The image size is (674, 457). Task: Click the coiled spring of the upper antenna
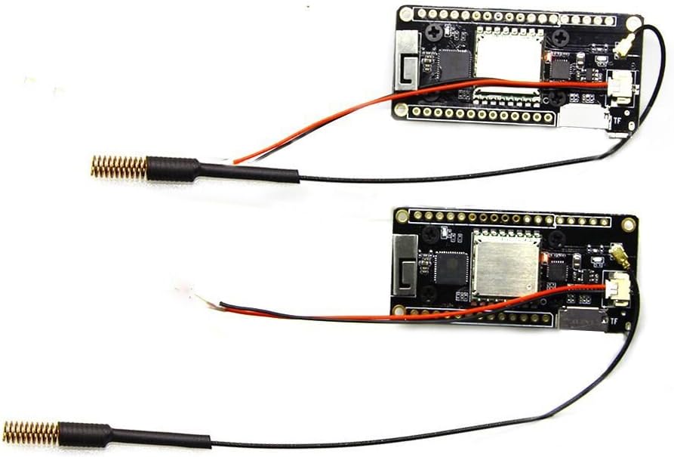pyautogui.click(x=118, y=167)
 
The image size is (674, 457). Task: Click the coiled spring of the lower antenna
pyautogui.click(x=31, y=432)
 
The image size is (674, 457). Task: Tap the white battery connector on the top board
pyautogui.click(x=621, y=88)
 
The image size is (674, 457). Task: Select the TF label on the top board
pyautogui.click(x=617, y=120)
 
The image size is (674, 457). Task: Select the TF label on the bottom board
pyautogui.click(x=614, y=322)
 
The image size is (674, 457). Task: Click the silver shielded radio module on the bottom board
pyautogui.click(x=506, y=265)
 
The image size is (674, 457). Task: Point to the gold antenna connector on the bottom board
pyautogui.click(x=621, y=257)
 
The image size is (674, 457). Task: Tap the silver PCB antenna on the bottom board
pyautogui.click(x=405, y=266)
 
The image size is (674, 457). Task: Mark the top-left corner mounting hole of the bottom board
pyautogui.click(x=402, y=217)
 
